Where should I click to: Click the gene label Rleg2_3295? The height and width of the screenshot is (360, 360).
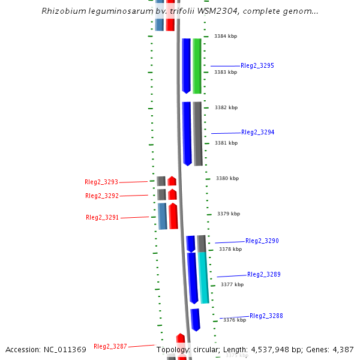(x=257, y=65)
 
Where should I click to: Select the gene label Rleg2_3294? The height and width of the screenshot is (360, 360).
(x=257, y=132)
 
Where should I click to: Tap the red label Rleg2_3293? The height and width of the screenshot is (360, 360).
(x=101, y=182)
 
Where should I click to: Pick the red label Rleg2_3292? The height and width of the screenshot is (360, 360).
(x=102, y=196)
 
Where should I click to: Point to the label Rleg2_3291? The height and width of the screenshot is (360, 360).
(x=102, y=217)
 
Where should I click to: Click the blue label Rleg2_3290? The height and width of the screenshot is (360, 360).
(x=262, y=241)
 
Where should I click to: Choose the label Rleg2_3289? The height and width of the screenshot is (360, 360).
(x=263, y=274)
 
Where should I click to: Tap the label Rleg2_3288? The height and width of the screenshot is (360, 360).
(x=266, y=316)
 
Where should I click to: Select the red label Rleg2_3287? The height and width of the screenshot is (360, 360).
(x=110, y=346)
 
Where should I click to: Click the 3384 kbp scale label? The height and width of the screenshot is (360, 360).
(x=226, y=37)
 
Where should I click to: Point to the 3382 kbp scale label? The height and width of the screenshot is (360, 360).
(x=226, y=108)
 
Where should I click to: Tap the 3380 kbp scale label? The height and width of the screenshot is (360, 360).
(x=227, y=178)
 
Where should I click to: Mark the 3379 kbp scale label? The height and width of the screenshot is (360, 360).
(x=229, y=214)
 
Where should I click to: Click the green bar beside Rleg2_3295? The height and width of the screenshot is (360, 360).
(x=197, y=66)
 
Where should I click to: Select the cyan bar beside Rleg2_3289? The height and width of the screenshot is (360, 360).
(x=204, y=277)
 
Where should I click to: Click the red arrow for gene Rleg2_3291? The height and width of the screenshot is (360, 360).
(x=173, y=216)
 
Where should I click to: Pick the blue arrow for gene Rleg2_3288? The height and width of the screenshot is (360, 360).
(x=196, y=319)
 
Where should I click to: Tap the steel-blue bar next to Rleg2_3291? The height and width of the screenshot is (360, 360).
(x=162, y=216)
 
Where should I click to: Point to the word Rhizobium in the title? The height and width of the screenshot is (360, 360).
(x=62, y=11)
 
